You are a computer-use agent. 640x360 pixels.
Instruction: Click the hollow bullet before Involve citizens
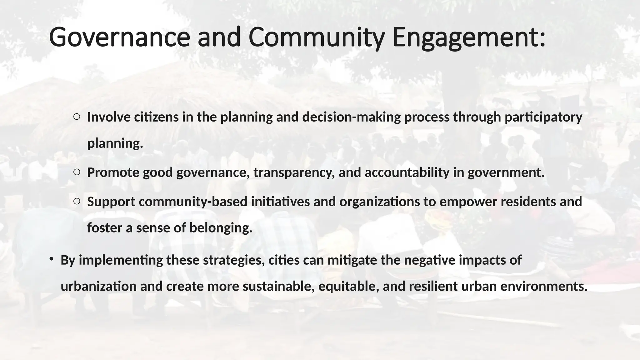coord(77,117)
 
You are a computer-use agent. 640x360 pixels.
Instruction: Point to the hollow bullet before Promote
coord(77,172)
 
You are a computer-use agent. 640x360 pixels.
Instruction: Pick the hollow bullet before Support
coord(77,201)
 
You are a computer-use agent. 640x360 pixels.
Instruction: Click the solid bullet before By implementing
coord(51,259)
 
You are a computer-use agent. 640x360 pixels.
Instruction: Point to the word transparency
coord(294,172)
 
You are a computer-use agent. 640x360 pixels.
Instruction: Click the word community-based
coord(193,202)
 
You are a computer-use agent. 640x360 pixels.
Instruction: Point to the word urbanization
coord(98,286)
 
